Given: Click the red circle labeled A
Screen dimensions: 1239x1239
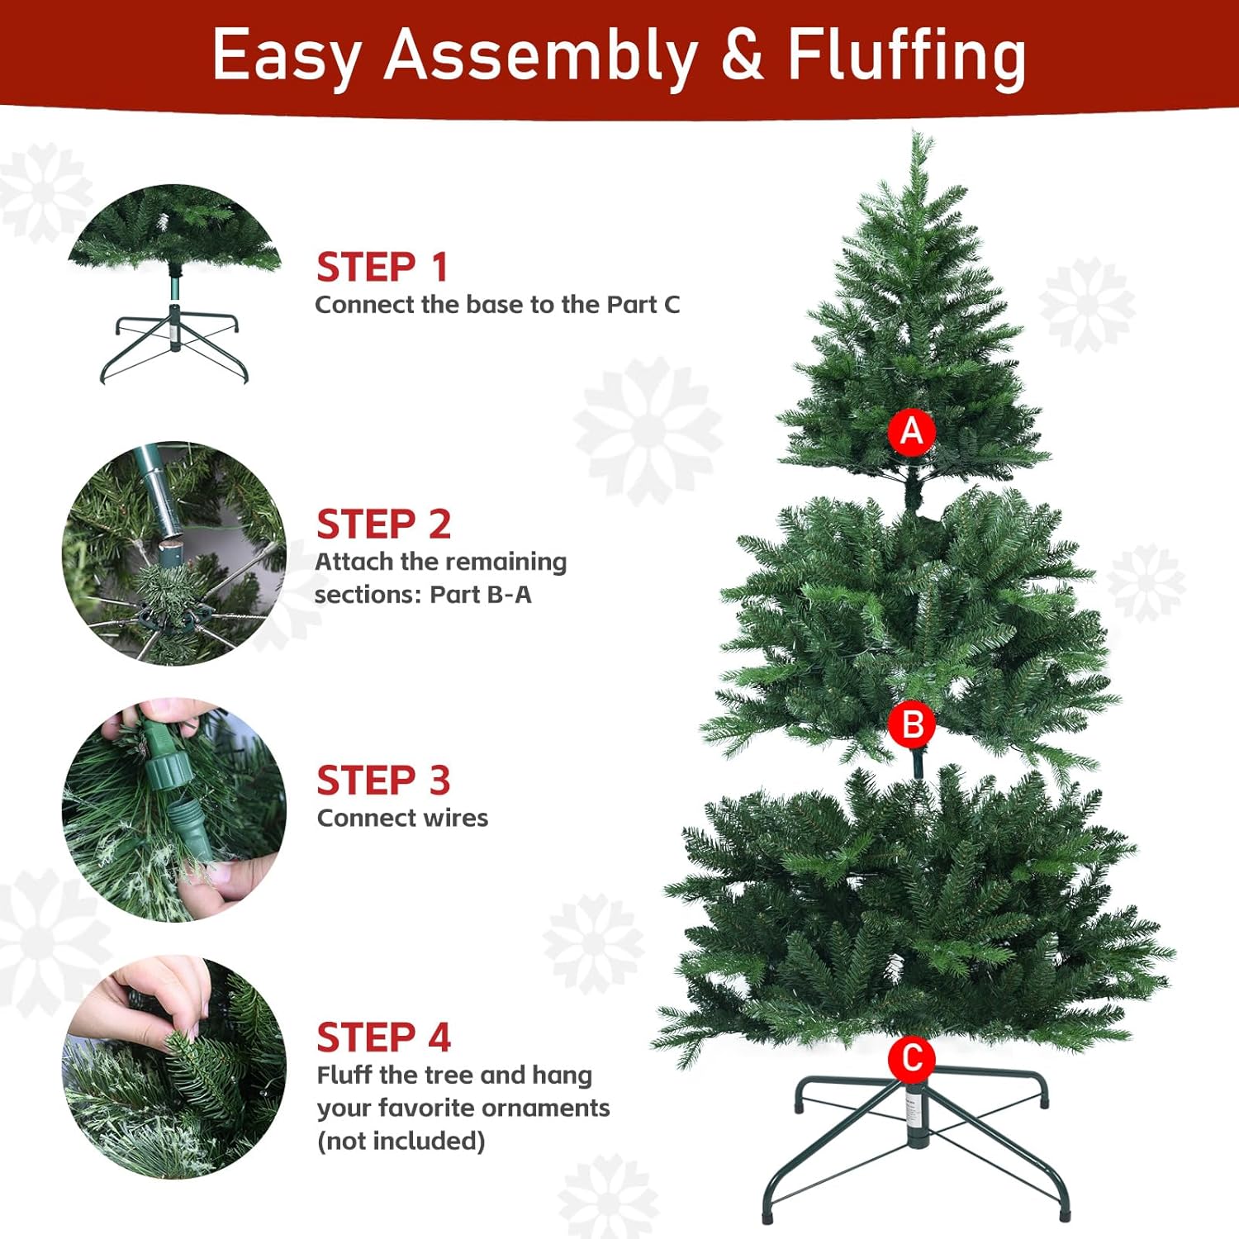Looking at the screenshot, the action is [912, 431].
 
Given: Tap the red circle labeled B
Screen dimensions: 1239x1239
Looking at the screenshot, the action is [912, 724].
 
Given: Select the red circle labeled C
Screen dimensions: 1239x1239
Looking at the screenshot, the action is [912, 1058].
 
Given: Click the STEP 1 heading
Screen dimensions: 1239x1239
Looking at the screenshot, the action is [382, 267].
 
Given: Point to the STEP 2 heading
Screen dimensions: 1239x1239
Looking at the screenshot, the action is [384, 525].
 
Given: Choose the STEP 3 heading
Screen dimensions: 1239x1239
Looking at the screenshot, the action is [384, 781].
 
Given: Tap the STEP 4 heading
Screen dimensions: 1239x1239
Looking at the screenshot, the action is [384, 1037].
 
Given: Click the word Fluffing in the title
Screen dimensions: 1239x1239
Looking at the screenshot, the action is [906, 58].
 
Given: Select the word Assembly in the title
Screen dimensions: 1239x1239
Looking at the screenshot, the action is [541, 58].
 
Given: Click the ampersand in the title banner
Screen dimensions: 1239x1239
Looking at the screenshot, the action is [743, 55].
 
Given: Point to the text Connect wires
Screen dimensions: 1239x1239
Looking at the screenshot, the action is [402, 818].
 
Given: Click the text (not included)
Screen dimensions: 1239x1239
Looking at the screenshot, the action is [401, 1141].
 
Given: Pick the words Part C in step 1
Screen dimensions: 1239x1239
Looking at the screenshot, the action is [643, 305].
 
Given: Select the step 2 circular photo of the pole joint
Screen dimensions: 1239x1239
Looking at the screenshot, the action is [174, 553].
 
